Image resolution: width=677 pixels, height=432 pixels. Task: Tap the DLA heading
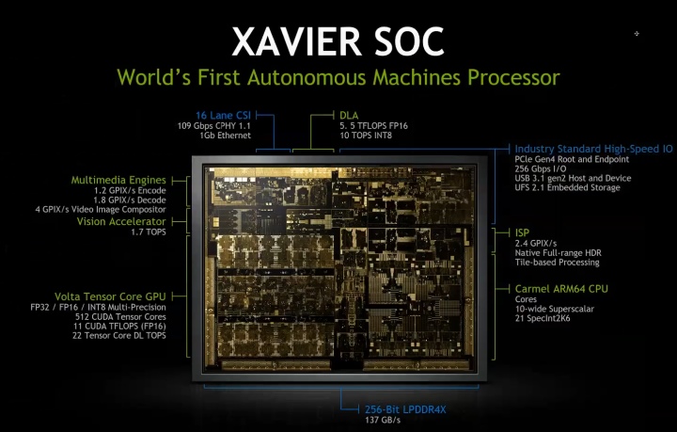pos(349,115)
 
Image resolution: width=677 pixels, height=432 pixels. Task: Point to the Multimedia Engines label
pos(118,180)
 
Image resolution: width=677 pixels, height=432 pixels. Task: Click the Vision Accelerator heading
pos(121,221)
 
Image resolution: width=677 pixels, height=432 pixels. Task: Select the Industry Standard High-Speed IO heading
pos(593,149)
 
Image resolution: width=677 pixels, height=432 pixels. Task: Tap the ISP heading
pos(523,232)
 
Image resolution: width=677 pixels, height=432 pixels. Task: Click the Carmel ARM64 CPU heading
pos(561,287)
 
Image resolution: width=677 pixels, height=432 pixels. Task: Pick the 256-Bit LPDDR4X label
pos(406,408)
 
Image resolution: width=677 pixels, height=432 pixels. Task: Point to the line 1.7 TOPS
pos(149,232)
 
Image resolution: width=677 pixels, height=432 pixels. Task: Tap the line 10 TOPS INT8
pos(370,136)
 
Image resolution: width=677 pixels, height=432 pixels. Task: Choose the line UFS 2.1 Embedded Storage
pos(568,188)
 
